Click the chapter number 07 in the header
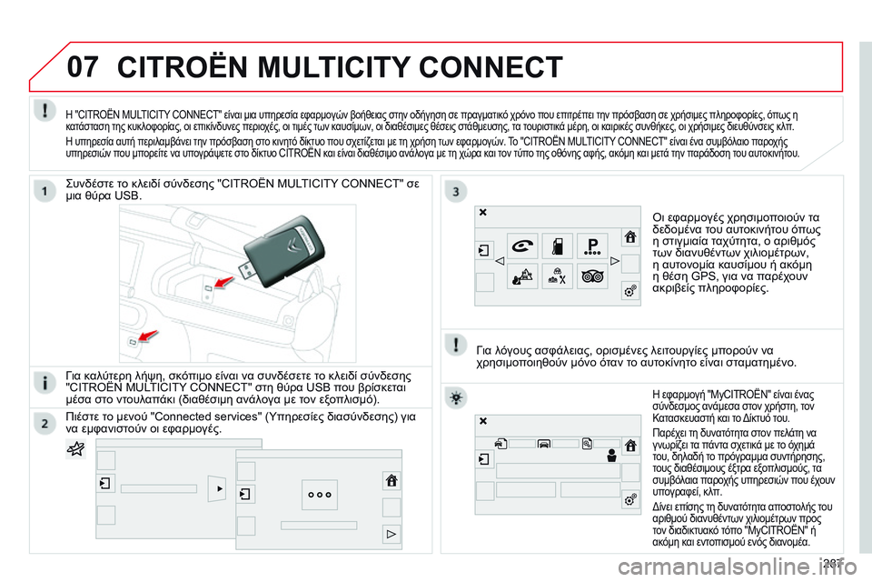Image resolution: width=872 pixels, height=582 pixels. (x=83, y=66)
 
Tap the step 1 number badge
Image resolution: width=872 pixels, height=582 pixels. (x=45, y=191)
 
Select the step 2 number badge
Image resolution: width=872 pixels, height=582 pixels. (x=45, y=424)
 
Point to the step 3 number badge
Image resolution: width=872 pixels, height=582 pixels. (x=455, y=191)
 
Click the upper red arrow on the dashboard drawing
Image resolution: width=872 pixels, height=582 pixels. (x=223, y=282)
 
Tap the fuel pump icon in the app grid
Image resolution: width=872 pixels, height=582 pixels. (x=557, y=246)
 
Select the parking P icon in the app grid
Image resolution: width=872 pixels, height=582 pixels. (x=593, y=246)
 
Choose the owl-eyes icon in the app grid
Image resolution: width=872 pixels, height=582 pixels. (x=593, y=276)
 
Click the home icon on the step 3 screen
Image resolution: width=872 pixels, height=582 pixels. (x=630, y=236)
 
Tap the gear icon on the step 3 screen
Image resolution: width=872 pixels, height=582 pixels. (x=630, y=290)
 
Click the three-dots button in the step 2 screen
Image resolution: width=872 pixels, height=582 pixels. (x=319, y=495)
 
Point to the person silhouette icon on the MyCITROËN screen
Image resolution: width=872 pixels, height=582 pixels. (x=611, y=456)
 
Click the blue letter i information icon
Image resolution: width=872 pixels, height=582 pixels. (x=45, y=383)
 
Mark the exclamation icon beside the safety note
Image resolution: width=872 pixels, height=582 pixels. (x=455, y=345)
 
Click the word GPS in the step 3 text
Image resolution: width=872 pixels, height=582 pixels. (x=703, y=276)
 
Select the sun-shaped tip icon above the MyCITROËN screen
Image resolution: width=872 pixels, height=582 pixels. (x=455, y=397)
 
